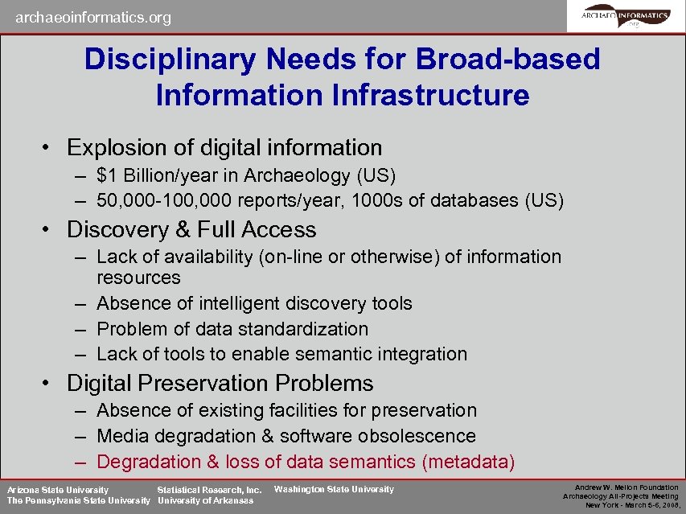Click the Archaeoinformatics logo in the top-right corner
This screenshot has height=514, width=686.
(x=626, y=16)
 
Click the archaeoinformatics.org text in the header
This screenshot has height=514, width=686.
(x=92, y=17)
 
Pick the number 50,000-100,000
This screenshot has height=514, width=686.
(x=161, y=200)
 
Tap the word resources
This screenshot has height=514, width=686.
(x=138, y=278)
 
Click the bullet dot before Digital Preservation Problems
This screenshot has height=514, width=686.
(x=48, y=384)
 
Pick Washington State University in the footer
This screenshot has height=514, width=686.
(x=334, y=489)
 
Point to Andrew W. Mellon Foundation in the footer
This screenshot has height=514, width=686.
(x=627, y=487)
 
